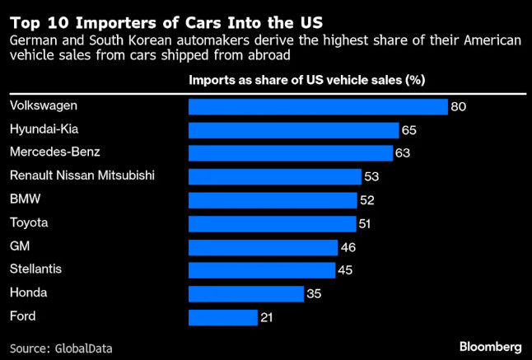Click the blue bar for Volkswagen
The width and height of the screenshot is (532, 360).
(x=318, y=106)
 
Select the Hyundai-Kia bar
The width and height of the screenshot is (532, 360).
(x=293, y=129)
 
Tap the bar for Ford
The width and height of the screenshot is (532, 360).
(x=223, y=317)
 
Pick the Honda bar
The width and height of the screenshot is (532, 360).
(x=246, y=294)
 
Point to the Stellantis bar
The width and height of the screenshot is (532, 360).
(x=262, y=270)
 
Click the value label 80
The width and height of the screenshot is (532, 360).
(x=460, y=107)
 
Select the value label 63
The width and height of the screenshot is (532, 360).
(x=403, y=153)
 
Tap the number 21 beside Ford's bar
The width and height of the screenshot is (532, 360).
(x=266, y=317)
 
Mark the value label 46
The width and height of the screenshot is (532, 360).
(x=348, y=247)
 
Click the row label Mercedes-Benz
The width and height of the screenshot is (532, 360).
(x=46, y=152)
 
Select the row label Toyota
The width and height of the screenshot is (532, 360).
(x=28, y=222)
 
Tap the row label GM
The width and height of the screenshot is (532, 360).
(x=19, y=245)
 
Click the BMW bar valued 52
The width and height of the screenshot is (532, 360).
(x=273, y=200)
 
